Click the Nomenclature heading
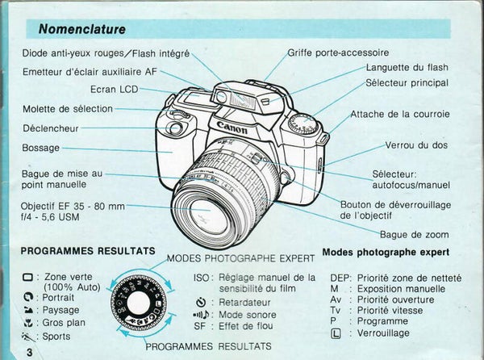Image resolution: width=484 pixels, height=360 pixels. [x=81, y=30]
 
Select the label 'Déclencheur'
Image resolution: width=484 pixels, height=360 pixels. [x=50, y=127]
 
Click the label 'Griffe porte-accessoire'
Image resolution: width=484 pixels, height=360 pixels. [x=338, y=53]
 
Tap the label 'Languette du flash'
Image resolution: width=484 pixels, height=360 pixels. [x=407, y=68]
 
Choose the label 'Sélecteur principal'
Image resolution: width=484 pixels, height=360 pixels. [x=407, y=82]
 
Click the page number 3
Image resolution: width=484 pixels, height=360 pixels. [x=29, y=353]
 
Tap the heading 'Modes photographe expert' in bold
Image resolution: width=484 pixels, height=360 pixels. [x=386, y=253]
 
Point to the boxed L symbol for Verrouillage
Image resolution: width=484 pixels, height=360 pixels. [x=346, y=333]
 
